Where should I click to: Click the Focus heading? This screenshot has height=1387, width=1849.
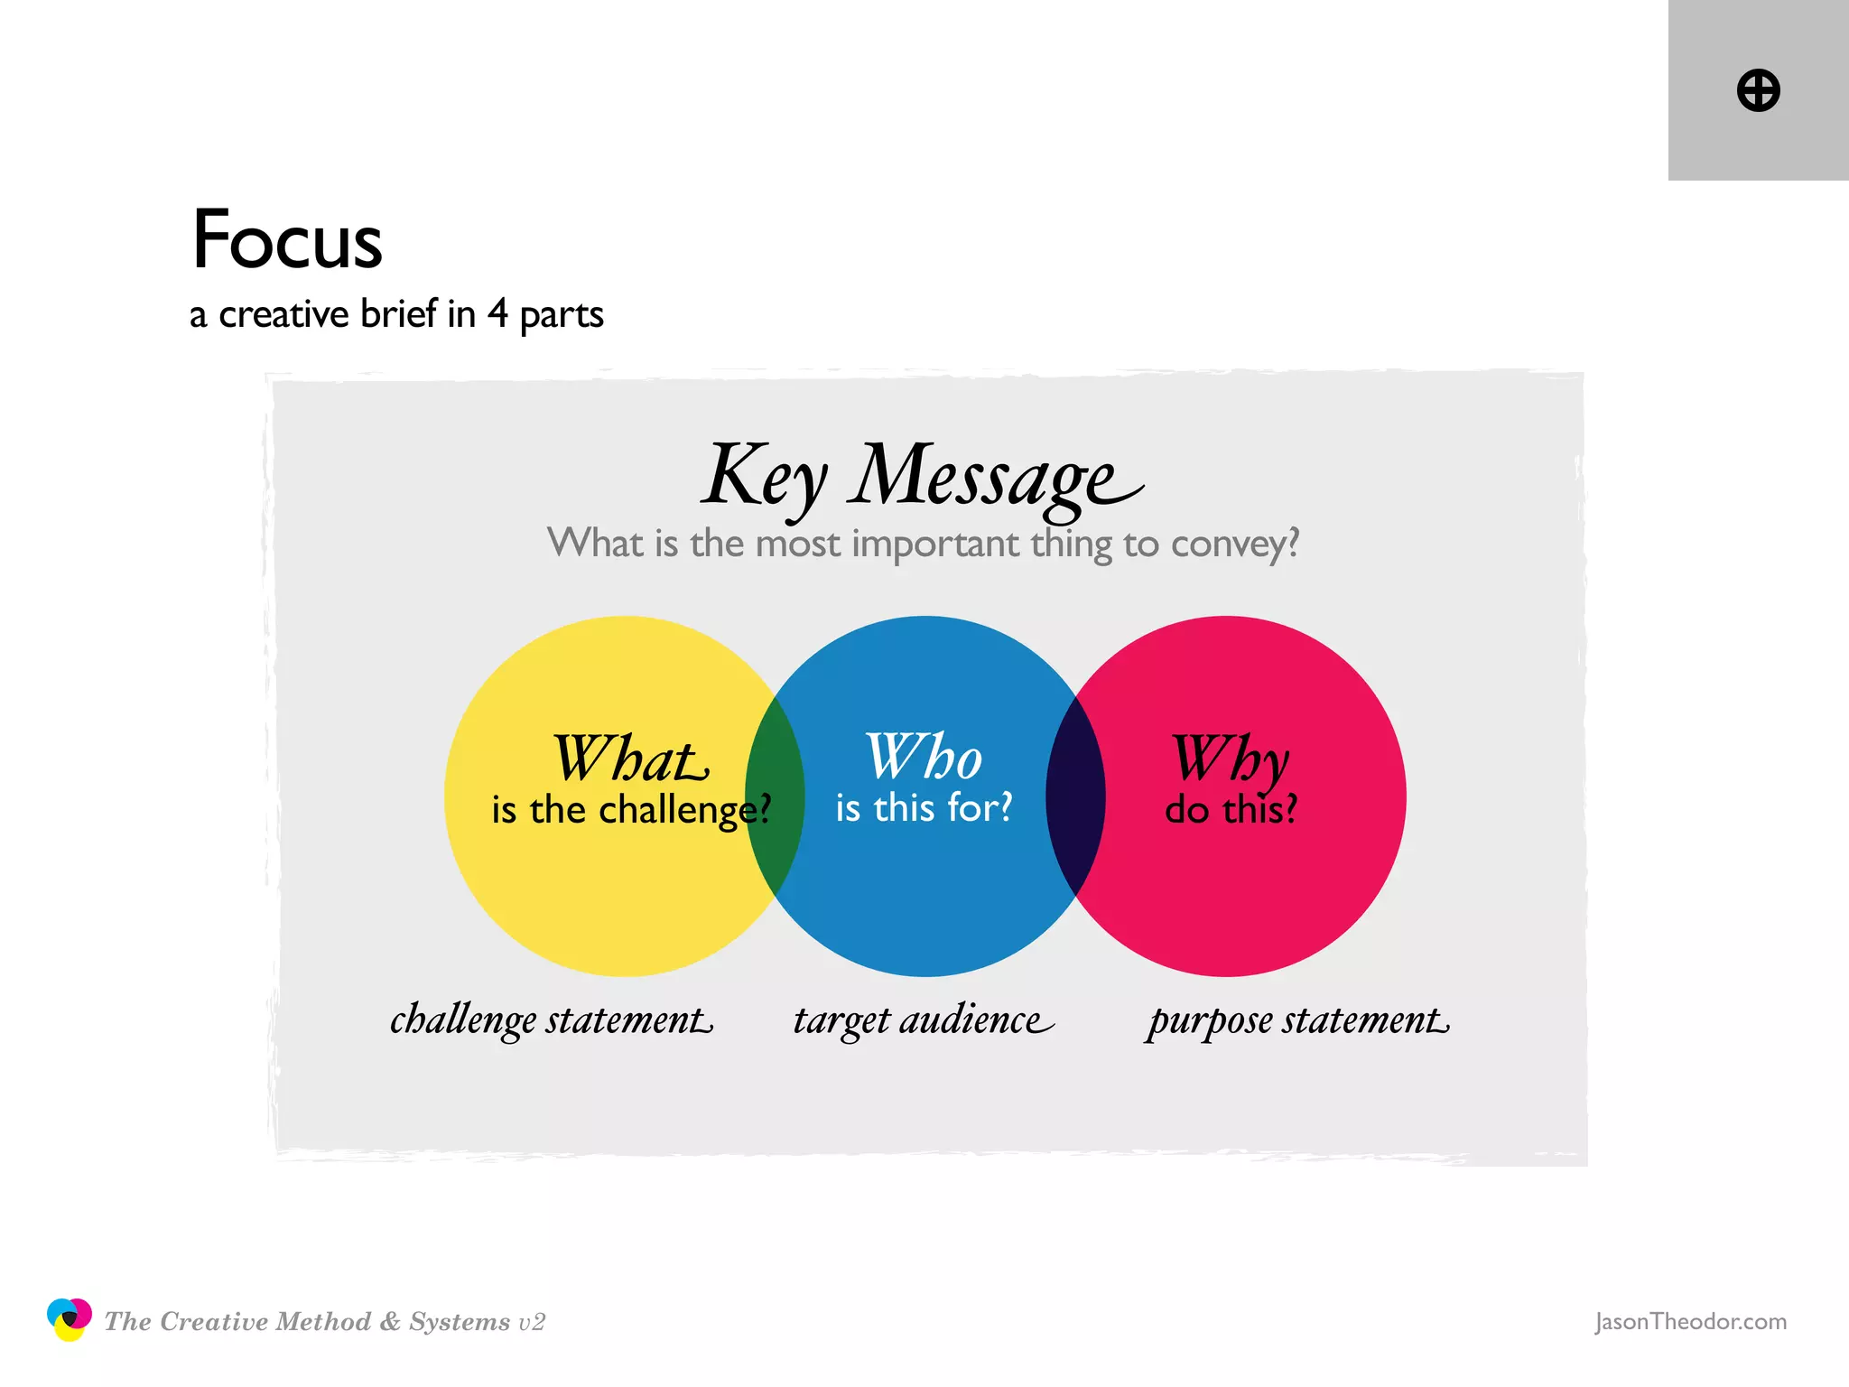pos(287,240)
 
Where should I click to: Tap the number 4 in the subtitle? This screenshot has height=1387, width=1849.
pos(497,313)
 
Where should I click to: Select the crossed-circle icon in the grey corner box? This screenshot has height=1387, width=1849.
pos(1758,90)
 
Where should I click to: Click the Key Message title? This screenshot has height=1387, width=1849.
pos(921,476)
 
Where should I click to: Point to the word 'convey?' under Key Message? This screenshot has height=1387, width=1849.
pos(1235,544)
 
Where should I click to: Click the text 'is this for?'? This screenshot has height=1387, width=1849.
pos(924,807)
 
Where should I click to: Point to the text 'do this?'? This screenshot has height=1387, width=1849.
pos(1231,809)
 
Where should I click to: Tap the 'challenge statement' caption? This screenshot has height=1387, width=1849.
pos(551,1020)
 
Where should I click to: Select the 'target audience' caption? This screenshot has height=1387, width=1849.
pos(923,1020)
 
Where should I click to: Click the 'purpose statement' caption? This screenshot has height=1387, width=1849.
pos(1298,1020)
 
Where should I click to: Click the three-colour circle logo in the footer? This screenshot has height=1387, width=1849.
pos(70,1319)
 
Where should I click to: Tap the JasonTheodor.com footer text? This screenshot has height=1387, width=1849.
pos(1690,1321)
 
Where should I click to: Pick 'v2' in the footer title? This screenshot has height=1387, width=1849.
pos(532,1322)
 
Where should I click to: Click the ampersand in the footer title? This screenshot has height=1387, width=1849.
pos(390,1321)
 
